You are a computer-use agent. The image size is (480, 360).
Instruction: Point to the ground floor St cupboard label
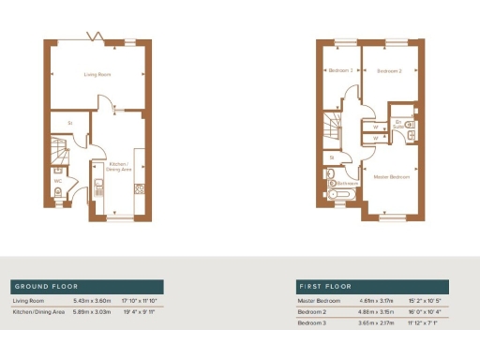(70, 122)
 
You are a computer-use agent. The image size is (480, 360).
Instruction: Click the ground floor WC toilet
(58, 193)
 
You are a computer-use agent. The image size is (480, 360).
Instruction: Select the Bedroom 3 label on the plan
(339, 71)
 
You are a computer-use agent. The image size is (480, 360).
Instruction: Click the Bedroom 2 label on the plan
(389, 71)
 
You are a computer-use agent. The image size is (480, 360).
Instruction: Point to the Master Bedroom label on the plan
(390, 176)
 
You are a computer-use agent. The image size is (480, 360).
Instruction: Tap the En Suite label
(399, 124)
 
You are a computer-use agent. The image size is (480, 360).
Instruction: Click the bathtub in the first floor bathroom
(341, 195)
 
